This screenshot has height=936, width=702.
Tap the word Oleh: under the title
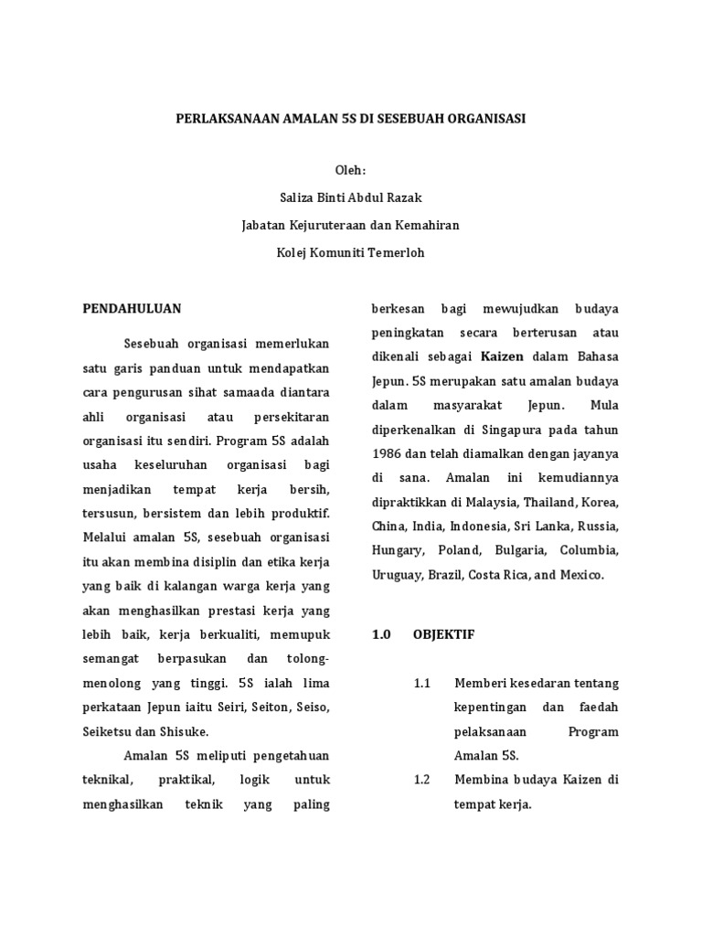pyautogui.click(x=350, y=171)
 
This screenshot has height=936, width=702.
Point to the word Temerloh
pyautogui.click(x=399, y=251)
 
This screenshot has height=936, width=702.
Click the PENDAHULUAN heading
pyautogui.click(x=133, y=308)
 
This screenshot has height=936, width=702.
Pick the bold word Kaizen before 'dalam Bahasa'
pyautogui.click(x=505, y=356)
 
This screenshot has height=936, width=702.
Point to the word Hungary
pyautogui.click(x=397, y=551)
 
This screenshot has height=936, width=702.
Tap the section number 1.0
pyautogui.click(x=381, y=633)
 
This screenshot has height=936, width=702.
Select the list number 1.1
pyautogui.click(x=421, y=683)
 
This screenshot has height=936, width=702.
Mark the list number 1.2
pyautogui.click(x=421, y=780)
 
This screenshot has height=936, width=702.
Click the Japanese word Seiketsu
pyautogui.click(x=103, y=731)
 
